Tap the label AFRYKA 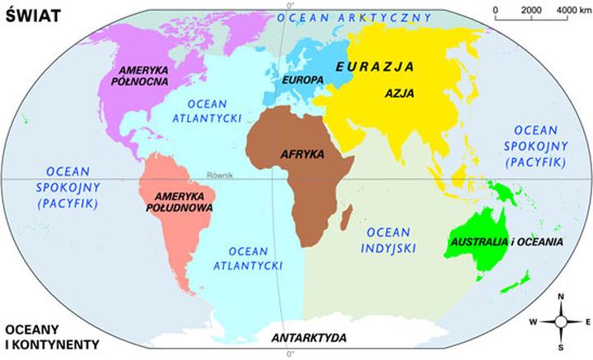click(302, 154)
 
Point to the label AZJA click(399, 93)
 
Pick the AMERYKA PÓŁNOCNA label click(145, 76)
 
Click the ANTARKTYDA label click(309, 338)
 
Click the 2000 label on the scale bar click(531, 9)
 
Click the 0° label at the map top click(290, 5)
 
